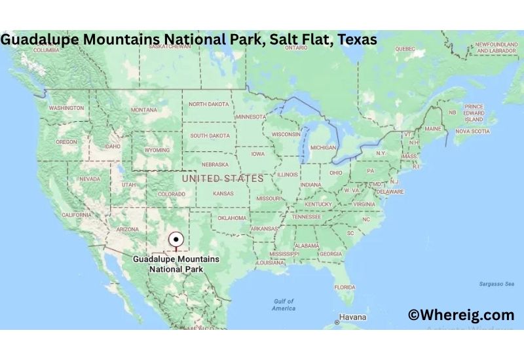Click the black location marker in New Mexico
[175, 240]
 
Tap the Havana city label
[353, 317]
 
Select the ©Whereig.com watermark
[460, 315]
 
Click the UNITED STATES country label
[223, 178]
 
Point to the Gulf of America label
[284, 304]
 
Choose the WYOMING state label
[157, 150]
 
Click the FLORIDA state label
[345, 287]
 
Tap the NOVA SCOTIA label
[472, 131]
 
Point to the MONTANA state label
[144, 110]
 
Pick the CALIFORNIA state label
[77, 215]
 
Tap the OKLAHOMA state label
[232, 218]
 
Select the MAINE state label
[433, 129]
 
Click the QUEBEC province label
[405, 48]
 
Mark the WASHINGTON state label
[66, 108]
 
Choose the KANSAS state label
[223, 194]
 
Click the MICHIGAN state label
[323, 148]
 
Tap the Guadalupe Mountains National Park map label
[176, 264]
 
